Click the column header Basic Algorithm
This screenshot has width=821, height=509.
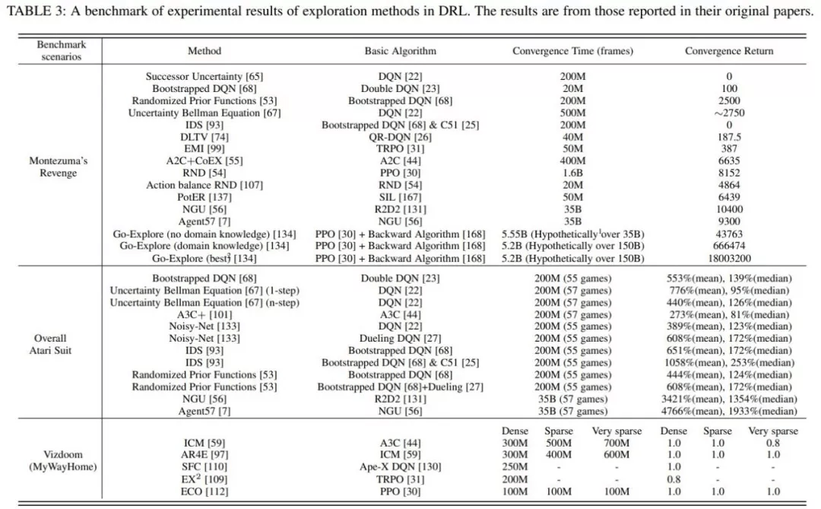click(400, 51)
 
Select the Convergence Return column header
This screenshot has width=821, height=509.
click(729, 51)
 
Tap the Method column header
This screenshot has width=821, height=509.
click(204, 51)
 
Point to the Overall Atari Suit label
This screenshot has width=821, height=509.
click(50, 345)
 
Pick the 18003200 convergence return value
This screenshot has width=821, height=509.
click(729, 259)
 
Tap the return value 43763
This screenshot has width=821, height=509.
click(729, 234)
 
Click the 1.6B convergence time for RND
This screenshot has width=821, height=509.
click(572, 173)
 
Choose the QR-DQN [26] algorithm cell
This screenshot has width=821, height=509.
click(400, 138)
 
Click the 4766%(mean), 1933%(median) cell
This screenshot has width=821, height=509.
click(729, 412)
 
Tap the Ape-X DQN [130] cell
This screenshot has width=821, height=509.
click(400, 467)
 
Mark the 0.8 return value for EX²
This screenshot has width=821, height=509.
click(674, 479)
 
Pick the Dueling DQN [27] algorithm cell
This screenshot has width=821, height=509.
click(400, 339)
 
